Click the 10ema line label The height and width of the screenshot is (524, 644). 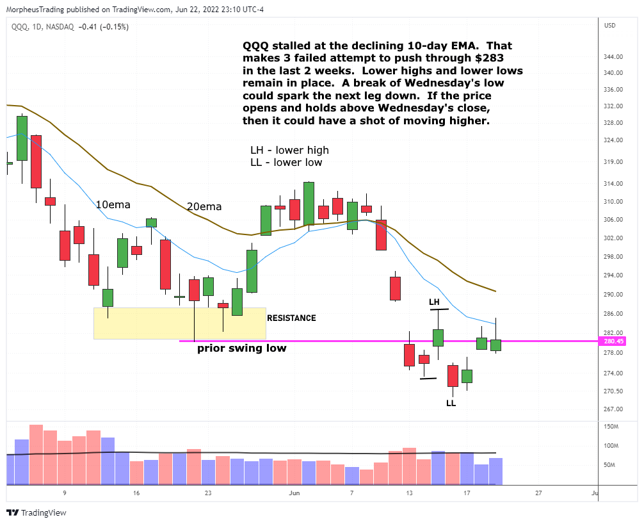[113, 205]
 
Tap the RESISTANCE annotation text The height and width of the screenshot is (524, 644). [291, 318]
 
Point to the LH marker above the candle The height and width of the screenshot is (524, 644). [434, 302]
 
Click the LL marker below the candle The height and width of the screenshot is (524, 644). [451, 404]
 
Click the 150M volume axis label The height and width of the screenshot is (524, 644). [611, 427]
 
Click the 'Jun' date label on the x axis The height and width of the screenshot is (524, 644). [294, 493]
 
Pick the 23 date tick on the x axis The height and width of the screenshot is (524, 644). [208, 493]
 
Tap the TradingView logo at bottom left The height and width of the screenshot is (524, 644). [37, 512]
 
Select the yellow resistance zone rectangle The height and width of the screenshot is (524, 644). [179, 323]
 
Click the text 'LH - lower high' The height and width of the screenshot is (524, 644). [289, 151]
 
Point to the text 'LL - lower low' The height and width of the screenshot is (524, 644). [286, 163]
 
